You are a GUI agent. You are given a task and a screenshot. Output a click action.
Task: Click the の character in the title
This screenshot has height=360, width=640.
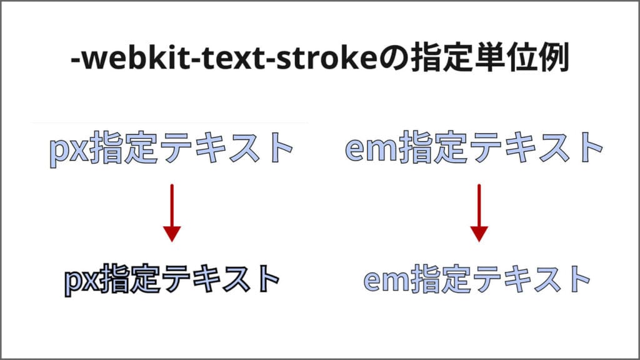pos(394,59)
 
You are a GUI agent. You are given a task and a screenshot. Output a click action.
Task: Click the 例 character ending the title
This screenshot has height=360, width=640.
pos(554,57)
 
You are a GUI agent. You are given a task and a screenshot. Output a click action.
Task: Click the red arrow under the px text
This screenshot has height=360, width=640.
pos(172,213)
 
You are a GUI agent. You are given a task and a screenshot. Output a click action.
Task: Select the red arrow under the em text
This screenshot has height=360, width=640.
pos(479,213)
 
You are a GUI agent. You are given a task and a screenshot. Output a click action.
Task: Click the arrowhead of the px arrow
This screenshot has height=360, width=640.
pos(172,234)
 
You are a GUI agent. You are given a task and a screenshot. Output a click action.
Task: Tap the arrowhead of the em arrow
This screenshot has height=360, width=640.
pos(479,234)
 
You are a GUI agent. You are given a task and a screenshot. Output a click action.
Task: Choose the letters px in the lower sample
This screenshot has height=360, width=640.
pos(82,282)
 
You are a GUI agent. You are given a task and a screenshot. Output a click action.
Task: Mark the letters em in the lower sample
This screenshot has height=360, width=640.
pos(387,280)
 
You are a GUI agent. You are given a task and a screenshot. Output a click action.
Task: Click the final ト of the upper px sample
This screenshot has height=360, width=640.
pos(278,147)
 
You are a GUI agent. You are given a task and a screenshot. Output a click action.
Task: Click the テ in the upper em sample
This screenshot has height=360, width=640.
pos(485,147)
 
